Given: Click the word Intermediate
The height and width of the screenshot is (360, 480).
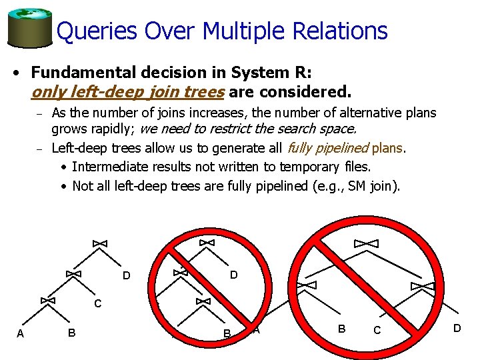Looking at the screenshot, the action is (109, 167).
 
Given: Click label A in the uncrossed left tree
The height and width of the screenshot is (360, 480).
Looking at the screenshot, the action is (20, 333).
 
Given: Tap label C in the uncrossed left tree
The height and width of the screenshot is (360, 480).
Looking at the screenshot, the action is (97, 304).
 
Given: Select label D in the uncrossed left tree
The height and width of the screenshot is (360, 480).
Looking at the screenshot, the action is (126, 276).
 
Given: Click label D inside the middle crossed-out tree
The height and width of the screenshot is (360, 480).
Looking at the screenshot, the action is (233, 275).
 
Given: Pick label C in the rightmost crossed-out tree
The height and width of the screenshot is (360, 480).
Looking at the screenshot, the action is (377, 331).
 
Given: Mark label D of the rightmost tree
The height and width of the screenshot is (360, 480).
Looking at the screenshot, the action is (457, 328).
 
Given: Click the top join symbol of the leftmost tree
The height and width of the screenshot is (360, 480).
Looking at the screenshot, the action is (99, 244).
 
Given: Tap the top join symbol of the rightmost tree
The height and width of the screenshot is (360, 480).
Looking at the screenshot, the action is (365, 243).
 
